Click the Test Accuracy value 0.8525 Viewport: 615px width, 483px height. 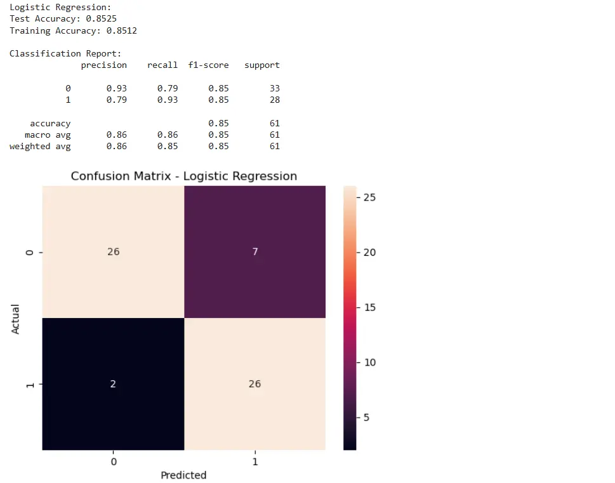[x=101, y=19]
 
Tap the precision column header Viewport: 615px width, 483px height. [x=104, y=65]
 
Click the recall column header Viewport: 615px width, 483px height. [x=162, y=65]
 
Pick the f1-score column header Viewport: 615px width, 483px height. [x=208, y=65]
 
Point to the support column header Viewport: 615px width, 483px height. [x=261, y=65]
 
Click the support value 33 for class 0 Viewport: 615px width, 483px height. [x=274, y=88]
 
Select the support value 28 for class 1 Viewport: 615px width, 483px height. [x=274, y=100]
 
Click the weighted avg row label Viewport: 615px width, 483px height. [x=40, y=146]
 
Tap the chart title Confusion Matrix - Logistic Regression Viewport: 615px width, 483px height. [x=183, y=176]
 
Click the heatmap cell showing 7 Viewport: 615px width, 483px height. [x=255, y=251]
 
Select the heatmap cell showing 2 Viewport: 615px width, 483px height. [x=113, y=384]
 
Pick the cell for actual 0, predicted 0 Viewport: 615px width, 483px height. [x=113, y=251]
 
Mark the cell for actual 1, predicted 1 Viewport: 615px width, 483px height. [x=255, y=384]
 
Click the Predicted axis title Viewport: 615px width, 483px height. [x=183, y=475]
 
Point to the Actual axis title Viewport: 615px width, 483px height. [x=17, y=319]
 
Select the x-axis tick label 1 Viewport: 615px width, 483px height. [x=255, y=461]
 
